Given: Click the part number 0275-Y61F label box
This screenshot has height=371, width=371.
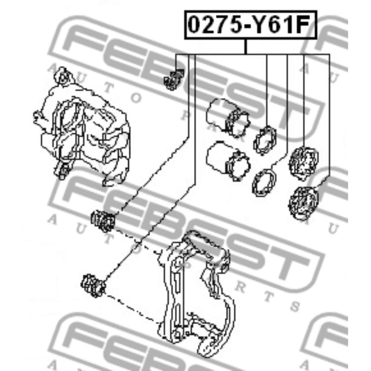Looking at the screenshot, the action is tap(251, 24).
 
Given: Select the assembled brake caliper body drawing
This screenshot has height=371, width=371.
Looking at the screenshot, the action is tap(82, 127).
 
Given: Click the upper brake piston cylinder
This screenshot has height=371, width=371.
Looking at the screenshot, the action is tap(227, 118).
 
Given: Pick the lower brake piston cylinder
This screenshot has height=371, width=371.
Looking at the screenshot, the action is tap(228, 161).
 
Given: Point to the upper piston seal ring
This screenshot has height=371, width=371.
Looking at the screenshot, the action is tap(265, 140).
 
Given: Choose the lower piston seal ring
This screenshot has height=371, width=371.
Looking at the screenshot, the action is tap(264, 182).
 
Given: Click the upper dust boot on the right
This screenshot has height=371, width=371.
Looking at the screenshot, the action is tap(304, 162).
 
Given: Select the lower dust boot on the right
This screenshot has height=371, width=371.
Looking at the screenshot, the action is tap(304, 203).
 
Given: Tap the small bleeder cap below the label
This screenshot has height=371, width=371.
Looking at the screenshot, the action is tap(173, 79).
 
